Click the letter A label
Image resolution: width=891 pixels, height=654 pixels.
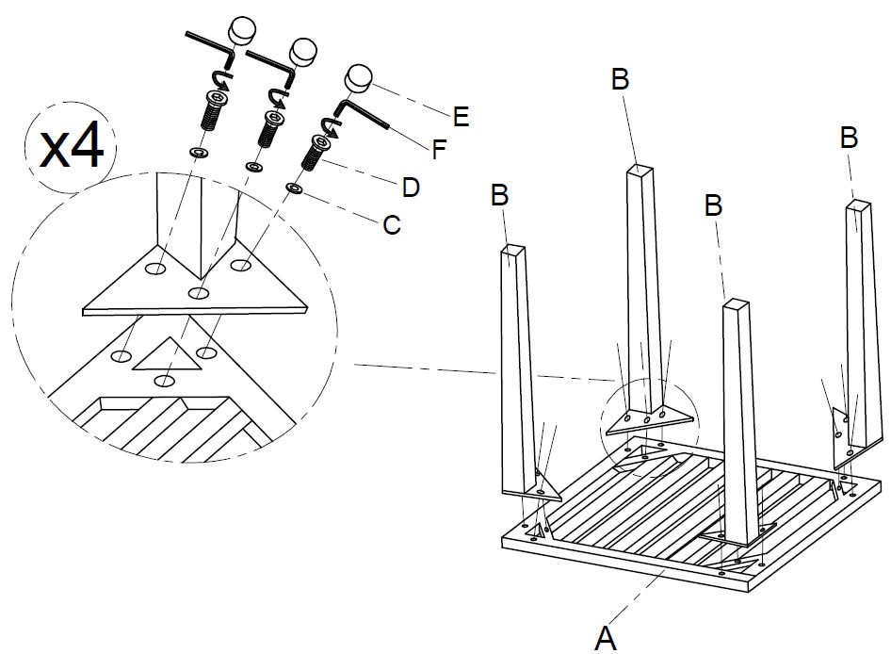pos(606,638)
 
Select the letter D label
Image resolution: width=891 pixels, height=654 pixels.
pos(411,188)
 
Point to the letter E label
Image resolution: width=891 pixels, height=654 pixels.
pos(461,117)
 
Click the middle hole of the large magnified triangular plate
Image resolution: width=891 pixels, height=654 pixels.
pos(199,295)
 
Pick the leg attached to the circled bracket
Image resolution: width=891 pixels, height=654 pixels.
pos(643,283)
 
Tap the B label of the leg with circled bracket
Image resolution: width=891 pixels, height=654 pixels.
pos(620,80)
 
